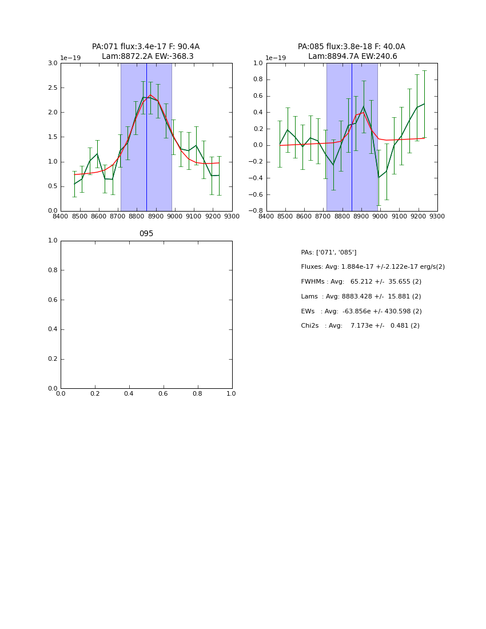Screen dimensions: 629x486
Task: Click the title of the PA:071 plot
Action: pyautogui.click(x=146, y=51)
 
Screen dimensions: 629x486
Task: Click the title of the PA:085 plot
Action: pyautogui.click(x=351, y=51)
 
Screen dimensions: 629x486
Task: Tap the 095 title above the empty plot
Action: pyautogui.click(x=146, y=234)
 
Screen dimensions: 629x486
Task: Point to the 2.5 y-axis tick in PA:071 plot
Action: pyautogui.click(x=52, y=88)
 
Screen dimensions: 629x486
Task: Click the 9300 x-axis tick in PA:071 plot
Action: pyautogui.click(x=232, y=217)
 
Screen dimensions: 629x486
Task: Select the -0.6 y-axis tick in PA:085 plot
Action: pyautogui.click(x=256, y=194)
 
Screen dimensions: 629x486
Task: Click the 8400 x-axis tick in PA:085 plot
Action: pyautogui.click(x=266, y=217)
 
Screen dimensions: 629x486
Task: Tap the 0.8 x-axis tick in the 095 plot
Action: pyautogui.click(x=197, y=394)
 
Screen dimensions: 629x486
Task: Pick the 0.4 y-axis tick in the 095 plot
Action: pyautogui.click(x=52, y=329)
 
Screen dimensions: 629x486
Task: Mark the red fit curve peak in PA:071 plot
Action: pyautogui.click(x=150, y=95)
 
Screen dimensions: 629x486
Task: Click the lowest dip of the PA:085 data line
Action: pyautogui.click(x=378, y=177)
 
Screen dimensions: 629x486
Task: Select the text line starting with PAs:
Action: pyautogui.click(x=328, y=252)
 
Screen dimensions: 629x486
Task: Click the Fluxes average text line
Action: pyautogui.click(x=372, y=267)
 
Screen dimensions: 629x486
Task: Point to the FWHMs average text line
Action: pyautogui.click(x=361, y=282)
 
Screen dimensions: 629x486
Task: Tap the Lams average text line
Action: pyautogui.click(x=361, y=297)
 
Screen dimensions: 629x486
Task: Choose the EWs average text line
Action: pyautogui.click(x=361, y=311)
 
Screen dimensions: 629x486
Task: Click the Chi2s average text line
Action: pyautogui.click(x=360, y=326)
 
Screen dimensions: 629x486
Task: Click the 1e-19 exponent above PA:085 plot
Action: pyautogui.click(x=276, y=58)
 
